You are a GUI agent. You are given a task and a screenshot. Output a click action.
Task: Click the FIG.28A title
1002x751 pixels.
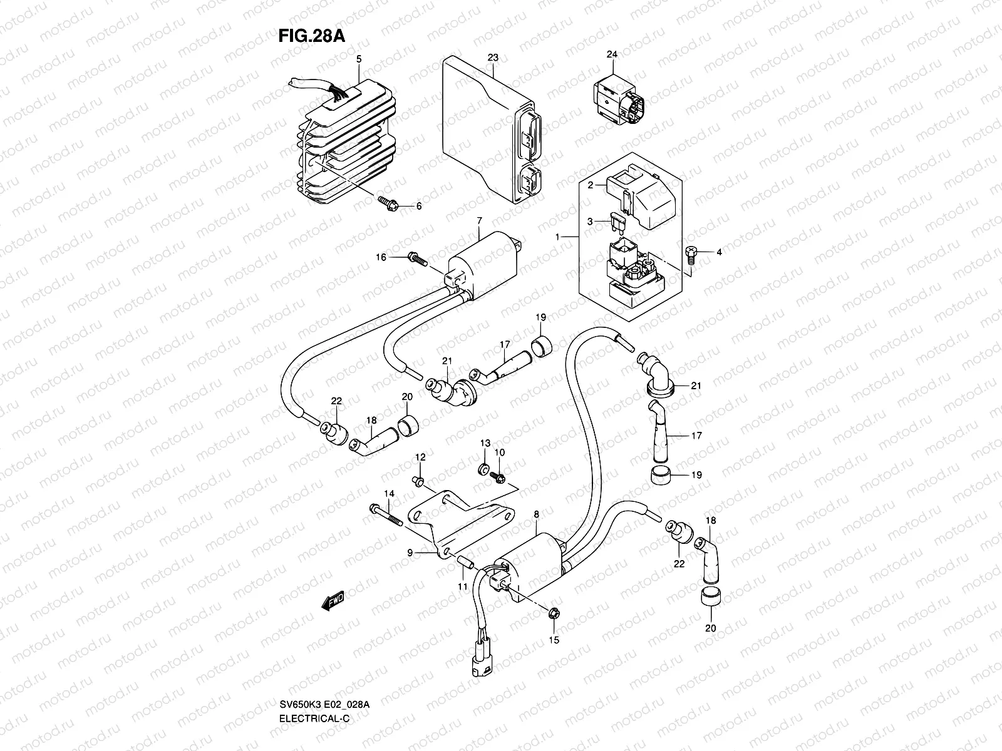(311, 36)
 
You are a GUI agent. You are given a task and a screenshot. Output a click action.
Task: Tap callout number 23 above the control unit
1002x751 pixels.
(493, 58)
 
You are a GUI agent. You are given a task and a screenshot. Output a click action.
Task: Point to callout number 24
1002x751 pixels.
(612, 54)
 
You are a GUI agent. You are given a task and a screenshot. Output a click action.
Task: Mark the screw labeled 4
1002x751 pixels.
(690, 252)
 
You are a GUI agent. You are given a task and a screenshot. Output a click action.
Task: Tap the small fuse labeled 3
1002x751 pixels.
(616, 220)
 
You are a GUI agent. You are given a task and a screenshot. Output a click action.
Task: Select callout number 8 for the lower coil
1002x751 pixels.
(536, 514)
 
